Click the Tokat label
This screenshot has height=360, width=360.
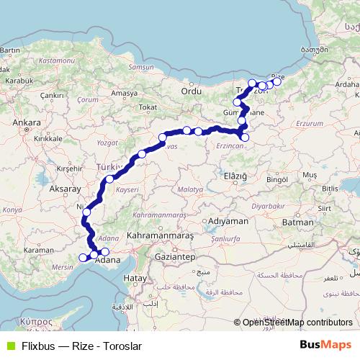pyautogui.click(x=147, y=107)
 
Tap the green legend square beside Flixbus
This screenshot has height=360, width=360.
pyautogui.click(x=10, y=345)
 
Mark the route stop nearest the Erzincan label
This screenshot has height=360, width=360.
pyautogui.click(x=245, y=137)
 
